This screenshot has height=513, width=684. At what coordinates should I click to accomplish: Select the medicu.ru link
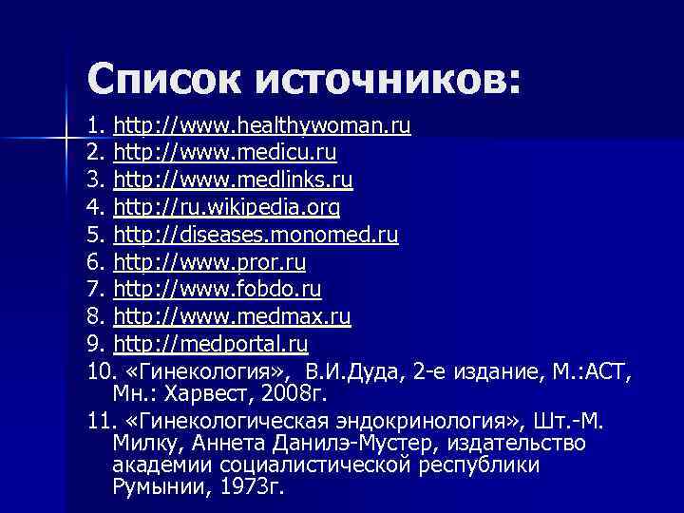click(x=224, y=152)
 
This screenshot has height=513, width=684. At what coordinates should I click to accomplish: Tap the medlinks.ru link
click(x=233, y=180)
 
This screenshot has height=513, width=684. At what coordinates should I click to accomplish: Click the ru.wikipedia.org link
click(x=227, y=206)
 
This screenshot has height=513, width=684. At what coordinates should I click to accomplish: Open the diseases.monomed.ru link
click(x=256, y=234)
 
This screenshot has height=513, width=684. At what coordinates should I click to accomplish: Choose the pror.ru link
click(x=209, y=260)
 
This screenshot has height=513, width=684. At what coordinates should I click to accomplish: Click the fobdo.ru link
click(x=218, y=288)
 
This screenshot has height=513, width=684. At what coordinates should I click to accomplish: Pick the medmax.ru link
click(x=232, y=314)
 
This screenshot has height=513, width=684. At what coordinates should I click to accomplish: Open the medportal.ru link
click(x=210, y=342)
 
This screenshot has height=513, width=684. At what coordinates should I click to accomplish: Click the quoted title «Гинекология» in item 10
click(x=204, y=370)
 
